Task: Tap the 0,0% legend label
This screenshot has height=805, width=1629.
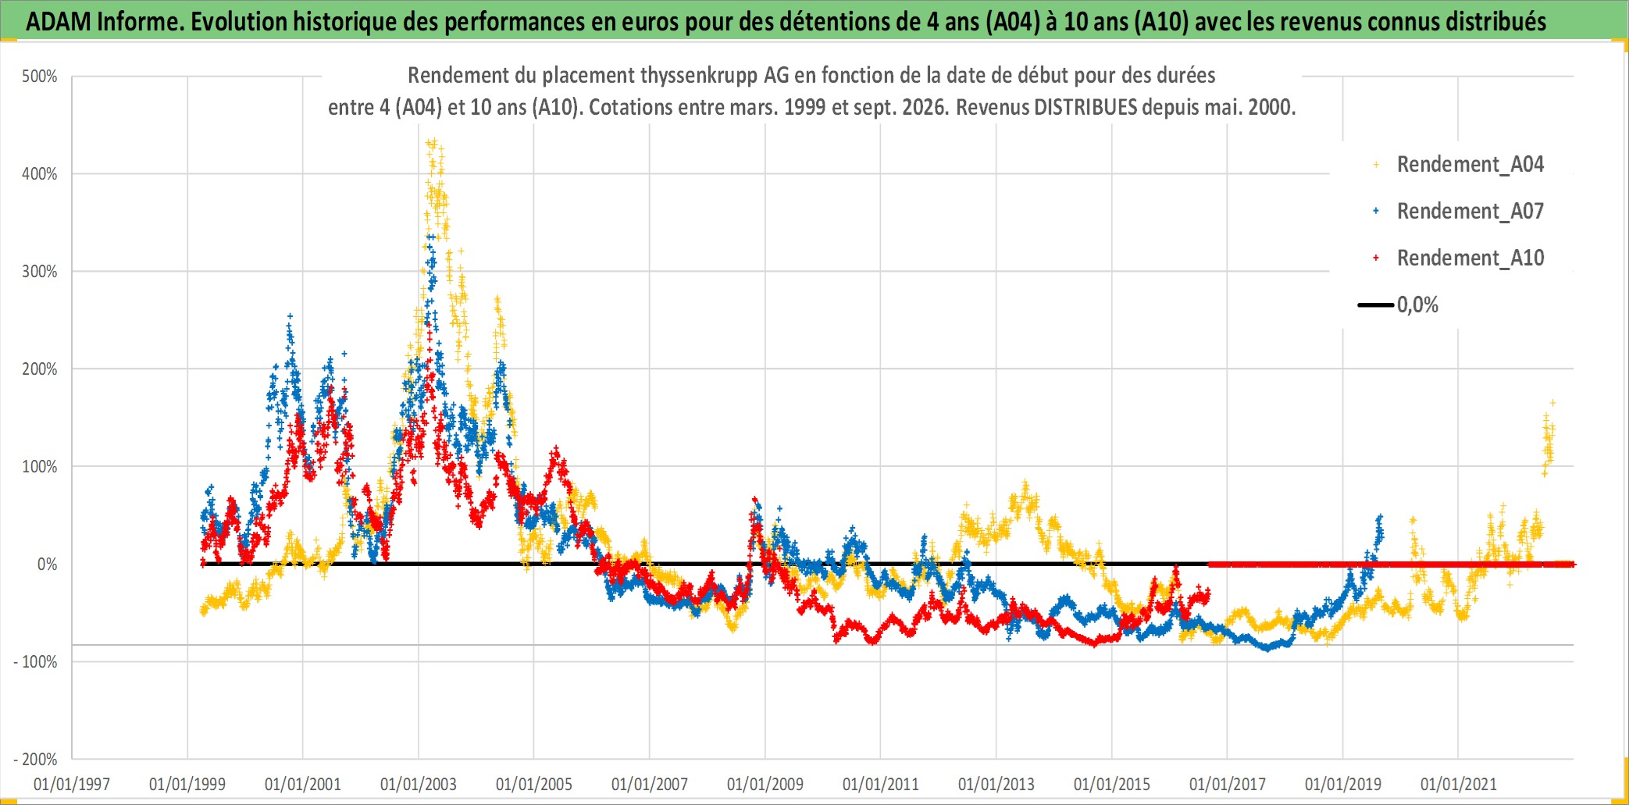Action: tap(1417, 305)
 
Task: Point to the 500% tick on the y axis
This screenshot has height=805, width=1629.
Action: tap(40, 77)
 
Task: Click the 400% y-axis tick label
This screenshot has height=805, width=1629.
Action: tap(40, 174)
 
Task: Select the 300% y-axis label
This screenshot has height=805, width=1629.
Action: tap(40, 272)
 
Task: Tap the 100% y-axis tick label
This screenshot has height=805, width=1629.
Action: tap(40, 467)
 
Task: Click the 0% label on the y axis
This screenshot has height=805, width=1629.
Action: tap(47, 565)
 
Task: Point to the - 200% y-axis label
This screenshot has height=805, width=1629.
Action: tap(36, 760)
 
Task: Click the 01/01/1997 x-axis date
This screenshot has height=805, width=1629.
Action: tap(72, 784)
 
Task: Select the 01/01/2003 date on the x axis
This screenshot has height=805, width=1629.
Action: tap(419, 784)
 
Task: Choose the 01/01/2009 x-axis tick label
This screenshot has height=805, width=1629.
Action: tap(765, 784)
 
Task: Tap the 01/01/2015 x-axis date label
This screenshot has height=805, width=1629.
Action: tap(1112, 784)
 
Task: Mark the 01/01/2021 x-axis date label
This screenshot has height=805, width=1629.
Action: tap(1459, 784)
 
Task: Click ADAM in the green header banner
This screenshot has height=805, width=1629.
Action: tap(59, 21)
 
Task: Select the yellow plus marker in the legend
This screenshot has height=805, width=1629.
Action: tap(1376, 165)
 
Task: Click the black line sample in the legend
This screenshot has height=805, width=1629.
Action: tap(1376, 305)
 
